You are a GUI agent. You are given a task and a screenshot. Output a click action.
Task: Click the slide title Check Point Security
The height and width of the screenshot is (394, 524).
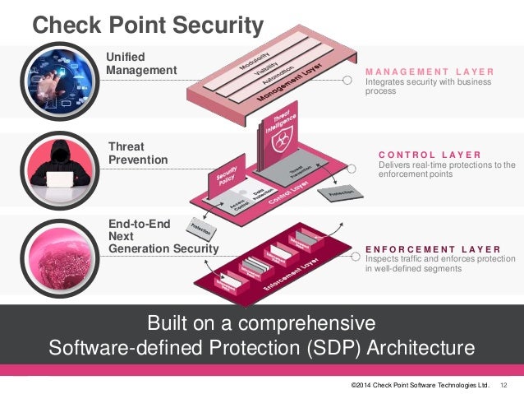coord(148,24)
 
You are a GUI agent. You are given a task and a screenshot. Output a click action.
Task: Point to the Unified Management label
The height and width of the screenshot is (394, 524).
coord(141,63)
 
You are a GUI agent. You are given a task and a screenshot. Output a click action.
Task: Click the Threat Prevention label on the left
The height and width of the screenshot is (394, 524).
coord(138,154)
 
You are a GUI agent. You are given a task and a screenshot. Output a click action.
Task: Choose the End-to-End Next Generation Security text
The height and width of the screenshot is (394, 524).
coord(163,235)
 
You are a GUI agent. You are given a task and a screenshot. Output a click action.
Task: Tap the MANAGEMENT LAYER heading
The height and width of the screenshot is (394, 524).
coord(430,72)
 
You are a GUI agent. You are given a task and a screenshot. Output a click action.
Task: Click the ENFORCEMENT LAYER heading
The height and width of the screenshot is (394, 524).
coord(433,248)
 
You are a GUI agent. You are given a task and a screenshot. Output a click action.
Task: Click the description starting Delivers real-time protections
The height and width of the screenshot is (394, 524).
coord(446,169)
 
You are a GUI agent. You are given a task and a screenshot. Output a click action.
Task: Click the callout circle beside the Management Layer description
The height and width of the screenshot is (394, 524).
coord(347,81)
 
